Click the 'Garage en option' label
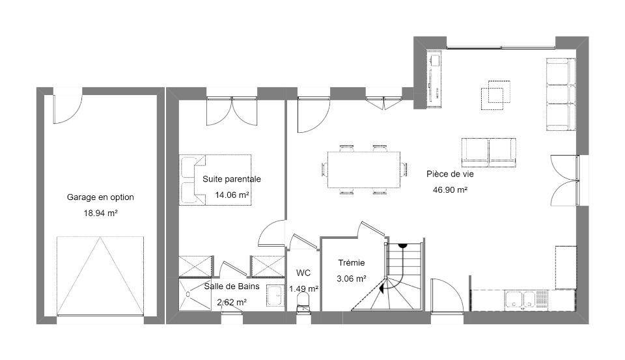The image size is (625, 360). click(100, 197)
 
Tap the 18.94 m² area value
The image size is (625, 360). click(100, 213)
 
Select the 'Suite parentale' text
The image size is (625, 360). click(232, 179)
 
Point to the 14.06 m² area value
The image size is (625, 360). click(232, 195)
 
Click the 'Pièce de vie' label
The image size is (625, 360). click(450, 174)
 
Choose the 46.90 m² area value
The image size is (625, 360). click(450, 190)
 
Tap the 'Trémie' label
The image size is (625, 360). click(352, 263)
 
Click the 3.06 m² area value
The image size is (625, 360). click(352, 279)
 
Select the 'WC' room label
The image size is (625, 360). click(303, 273)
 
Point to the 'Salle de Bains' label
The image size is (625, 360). click(232, 286)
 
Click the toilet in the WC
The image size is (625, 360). click(303, 303)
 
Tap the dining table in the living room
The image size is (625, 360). click(364, 169)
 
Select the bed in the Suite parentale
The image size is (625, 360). click(215, 180)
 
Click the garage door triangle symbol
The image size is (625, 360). click(100, 276)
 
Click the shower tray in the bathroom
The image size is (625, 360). click(195, 294)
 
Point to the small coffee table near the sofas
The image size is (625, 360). click(495, 95)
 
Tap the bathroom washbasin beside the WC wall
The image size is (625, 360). click(274, 296)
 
